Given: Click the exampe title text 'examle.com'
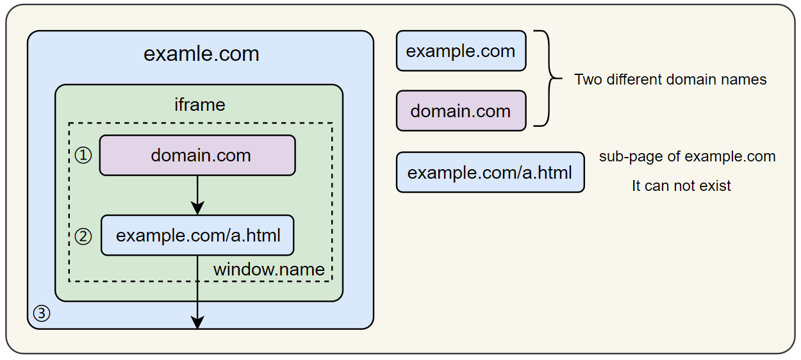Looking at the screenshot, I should pos(201,54).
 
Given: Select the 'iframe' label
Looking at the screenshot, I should pos(200,104).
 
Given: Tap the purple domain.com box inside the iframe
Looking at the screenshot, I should pos(197,155).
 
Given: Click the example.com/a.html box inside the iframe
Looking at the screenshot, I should pos(197,235).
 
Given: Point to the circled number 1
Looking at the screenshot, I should pos(83,156).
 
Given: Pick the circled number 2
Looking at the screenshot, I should pos(83,236).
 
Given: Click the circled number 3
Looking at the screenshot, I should pos(41,313).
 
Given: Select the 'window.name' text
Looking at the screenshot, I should pos(269,270).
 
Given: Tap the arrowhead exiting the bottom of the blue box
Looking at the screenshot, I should pos(197,322).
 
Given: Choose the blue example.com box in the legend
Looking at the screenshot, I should pos(461,51).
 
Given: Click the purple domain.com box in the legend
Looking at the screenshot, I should pos(461,111).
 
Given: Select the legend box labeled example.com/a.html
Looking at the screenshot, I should pos(490,172).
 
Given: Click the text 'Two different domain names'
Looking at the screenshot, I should pos(670,79).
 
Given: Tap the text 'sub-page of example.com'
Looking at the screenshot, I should pos(687,156).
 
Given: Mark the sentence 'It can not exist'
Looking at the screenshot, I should pos(681,186).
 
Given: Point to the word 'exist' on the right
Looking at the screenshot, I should pos(715,186).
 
